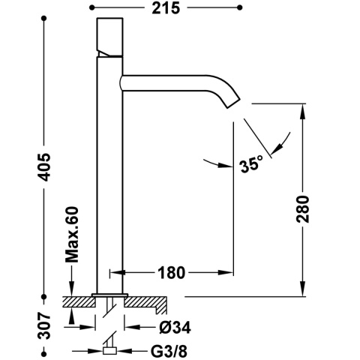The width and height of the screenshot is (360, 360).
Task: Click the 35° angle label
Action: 251,164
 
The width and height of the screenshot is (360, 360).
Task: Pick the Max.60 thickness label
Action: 71,238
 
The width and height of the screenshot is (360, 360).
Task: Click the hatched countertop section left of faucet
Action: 78,303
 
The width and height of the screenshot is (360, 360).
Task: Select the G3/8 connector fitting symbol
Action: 109,349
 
